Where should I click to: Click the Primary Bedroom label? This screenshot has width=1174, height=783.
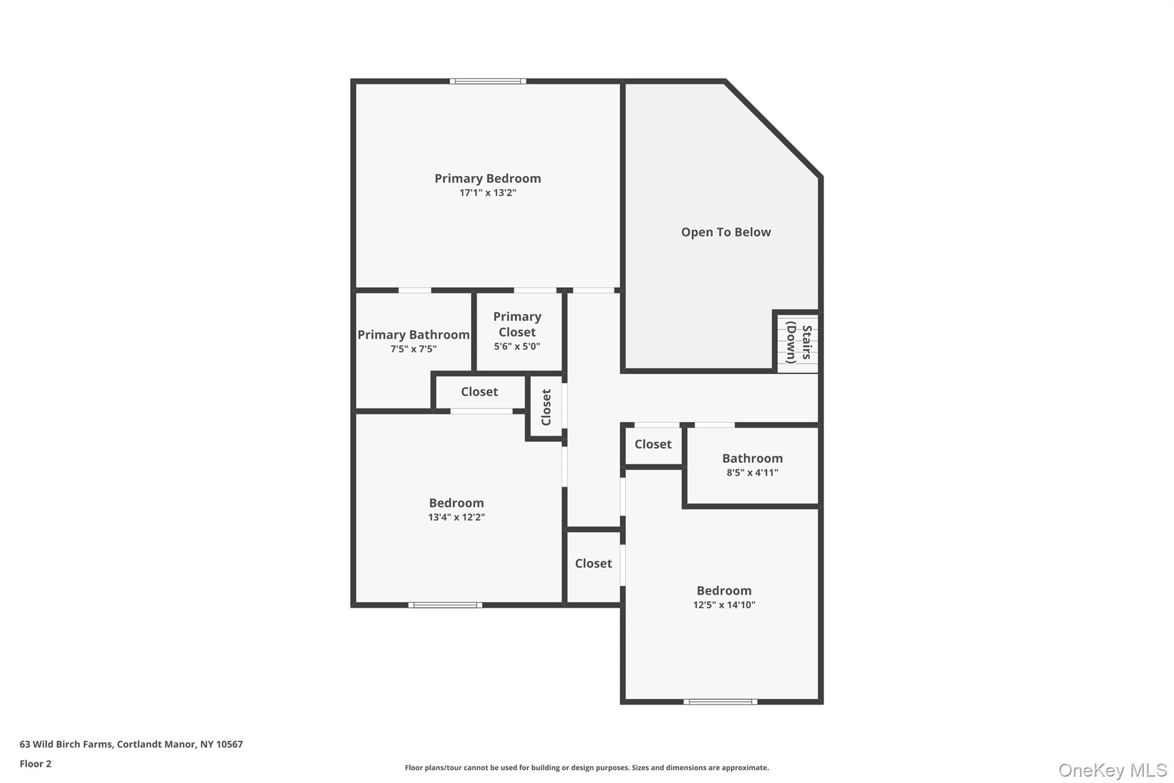487,178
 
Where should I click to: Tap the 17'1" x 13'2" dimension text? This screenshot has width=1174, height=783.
487,193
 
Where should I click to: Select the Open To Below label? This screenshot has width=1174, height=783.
725,232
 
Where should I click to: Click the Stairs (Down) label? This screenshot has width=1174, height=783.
799,342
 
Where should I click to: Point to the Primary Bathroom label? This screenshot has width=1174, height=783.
413,335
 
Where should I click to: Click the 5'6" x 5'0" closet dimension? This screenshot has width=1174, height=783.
516,346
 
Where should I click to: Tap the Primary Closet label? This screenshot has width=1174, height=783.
516,324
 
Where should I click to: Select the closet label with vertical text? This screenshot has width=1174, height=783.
546,407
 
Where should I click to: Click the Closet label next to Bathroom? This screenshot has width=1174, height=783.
652,444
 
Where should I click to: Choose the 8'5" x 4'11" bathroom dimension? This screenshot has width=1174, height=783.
752,473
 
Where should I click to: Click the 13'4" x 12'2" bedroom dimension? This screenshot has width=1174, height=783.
456,517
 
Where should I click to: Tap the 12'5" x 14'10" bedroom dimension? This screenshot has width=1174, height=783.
723,605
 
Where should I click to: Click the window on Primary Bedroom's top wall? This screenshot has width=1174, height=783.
487,81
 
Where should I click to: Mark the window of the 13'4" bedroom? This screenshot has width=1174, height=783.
445,605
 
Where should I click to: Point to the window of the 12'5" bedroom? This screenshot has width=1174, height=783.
720,702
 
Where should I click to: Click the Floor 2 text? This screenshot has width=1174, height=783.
36,763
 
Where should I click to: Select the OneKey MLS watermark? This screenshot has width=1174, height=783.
1112,770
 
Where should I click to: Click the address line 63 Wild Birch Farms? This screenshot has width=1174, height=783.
131,744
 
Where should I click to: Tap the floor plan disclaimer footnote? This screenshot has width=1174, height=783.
586,768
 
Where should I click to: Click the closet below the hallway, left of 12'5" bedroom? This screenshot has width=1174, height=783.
593,563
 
